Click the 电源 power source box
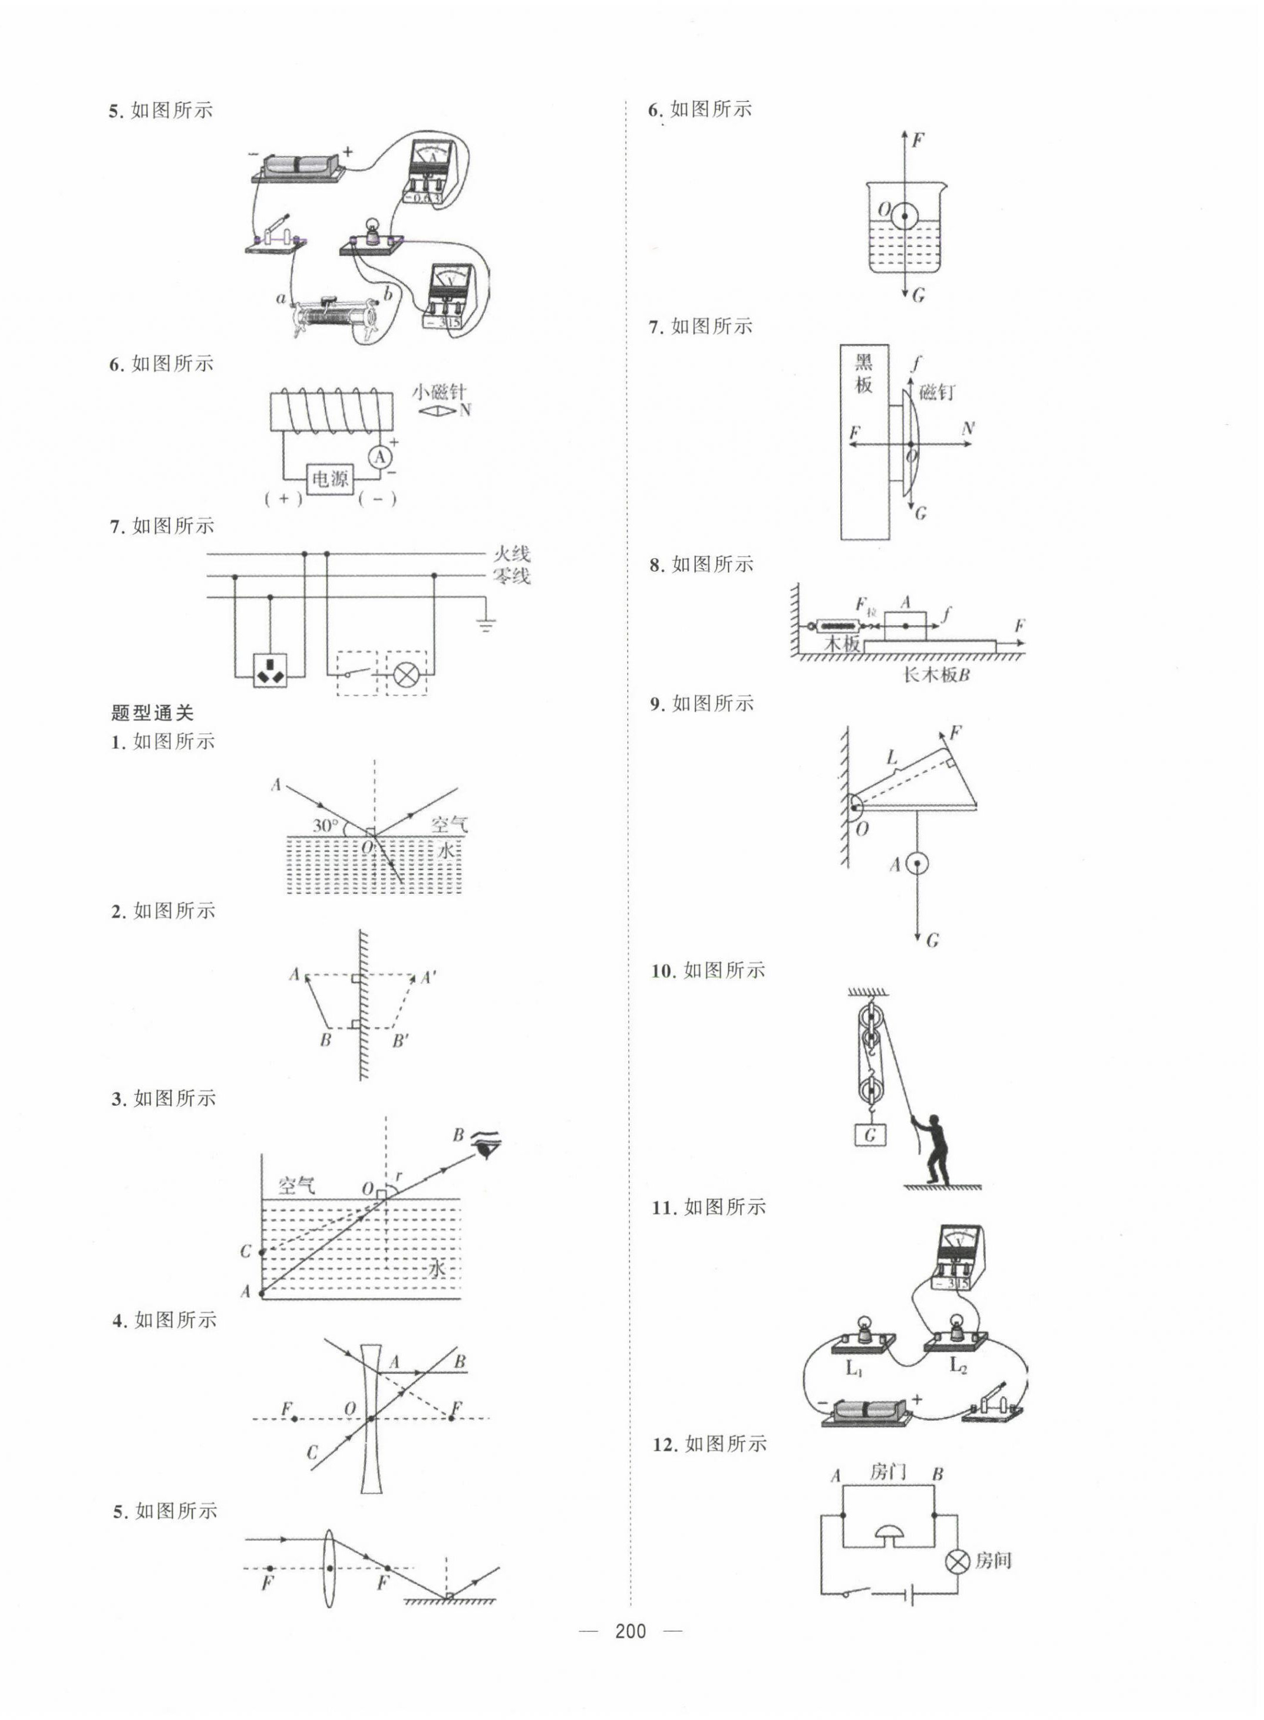[330, 479]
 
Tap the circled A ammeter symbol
[380, 457]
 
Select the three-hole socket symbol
[270, 670]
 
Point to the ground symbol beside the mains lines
[485, 624]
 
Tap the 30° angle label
[325, 826]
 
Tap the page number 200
[631, 1631]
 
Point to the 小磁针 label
[438, 393]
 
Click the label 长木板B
[936, 674]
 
